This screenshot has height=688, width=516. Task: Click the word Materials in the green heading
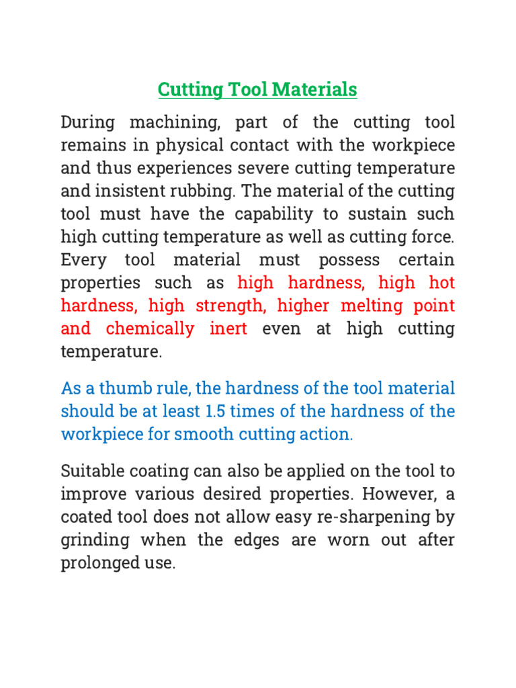point(315,89)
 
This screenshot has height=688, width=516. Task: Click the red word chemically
point(150,329)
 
